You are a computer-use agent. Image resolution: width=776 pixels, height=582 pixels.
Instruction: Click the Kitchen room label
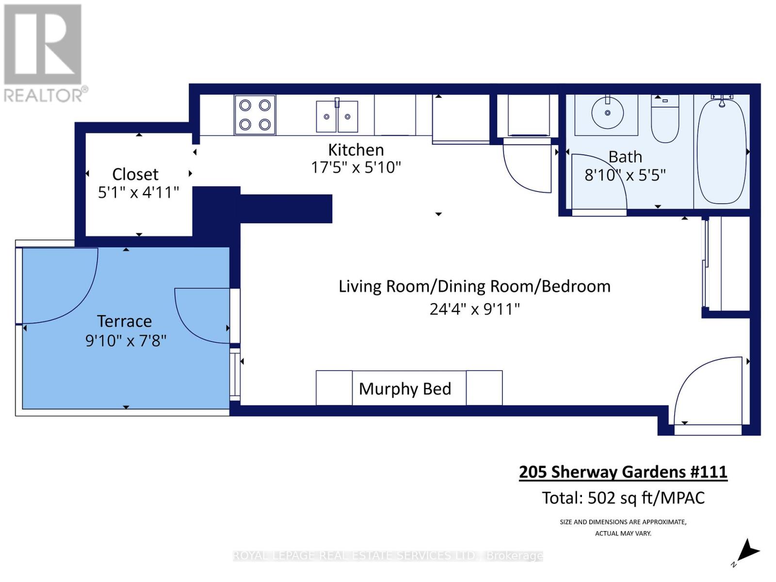pos(356,150)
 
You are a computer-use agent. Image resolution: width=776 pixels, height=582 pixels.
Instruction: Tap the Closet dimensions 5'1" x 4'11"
pos(138,193)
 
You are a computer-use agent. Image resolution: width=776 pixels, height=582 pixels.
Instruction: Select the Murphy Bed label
pos(405,388)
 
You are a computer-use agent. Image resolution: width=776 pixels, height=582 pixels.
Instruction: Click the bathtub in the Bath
pos(721,151)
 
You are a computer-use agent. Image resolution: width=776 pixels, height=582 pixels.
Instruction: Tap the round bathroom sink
pos(607,113)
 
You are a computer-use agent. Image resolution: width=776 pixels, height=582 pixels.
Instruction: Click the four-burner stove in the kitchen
pos(255,115)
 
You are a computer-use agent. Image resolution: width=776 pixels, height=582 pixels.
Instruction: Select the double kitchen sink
pos(337,116)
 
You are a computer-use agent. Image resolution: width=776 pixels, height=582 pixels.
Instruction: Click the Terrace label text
pos(125,321)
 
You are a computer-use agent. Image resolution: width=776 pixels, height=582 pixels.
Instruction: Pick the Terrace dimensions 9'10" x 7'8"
pos(126,340)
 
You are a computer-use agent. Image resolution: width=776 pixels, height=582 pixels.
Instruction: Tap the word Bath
pos(625,157)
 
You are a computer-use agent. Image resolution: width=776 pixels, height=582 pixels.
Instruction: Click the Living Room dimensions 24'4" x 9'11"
pos(474,309)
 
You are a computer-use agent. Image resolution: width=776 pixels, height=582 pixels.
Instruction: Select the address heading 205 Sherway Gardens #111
pos(623,472)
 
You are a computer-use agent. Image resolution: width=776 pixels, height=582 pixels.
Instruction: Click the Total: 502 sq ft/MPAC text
pos(623,498)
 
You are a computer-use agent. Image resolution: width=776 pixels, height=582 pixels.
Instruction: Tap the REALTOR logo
pos(44,53)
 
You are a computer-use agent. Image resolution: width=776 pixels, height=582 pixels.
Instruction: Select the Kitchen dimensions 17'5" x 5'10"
pos(356,167)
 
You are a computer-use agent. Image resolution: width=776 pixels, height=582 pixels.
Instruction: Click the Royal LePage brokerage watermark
pos(388,556)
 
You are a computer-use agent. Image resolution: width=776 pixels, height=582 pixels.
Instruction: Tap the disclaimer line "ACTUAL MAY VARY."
pos(623,533)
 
